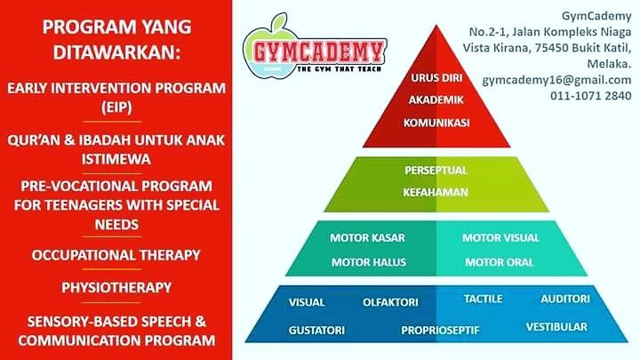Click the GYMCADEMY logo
[x=315, y=47]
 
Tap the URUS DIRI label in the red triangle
[x=436, y=78]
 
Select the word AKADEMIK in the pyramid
[x=436, y=100]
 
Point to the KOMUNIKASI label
[x=436, y=123]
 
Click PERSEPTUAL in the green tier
[x=436, y=170]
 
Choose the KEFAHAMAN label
[x=436, y=192]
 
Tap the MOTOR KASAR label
[x=367, y=238]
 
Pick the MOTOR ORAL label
[x=500, y=262]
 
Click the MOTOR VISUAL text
[x=500, y=238]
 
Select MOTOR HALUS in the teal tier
[x=369, y=262]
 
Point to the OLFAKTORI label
[x=390, y=302]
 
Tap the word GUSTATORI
[x=316, y=330]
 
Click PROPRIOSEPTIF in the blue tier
[x=440, y=330]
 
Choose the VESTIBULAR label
[x=556, y=327]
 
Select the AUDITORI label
[x=565, y=300]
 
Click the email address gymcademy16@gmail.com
[x=556, y=80]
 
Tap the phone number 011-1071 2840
[x=590, y=95]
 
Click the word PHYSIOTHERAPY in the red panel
[x=116, y=287]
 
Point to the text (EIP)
[x=116, y=108]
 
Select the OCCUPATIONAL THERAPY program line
[x=116, y=255]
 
